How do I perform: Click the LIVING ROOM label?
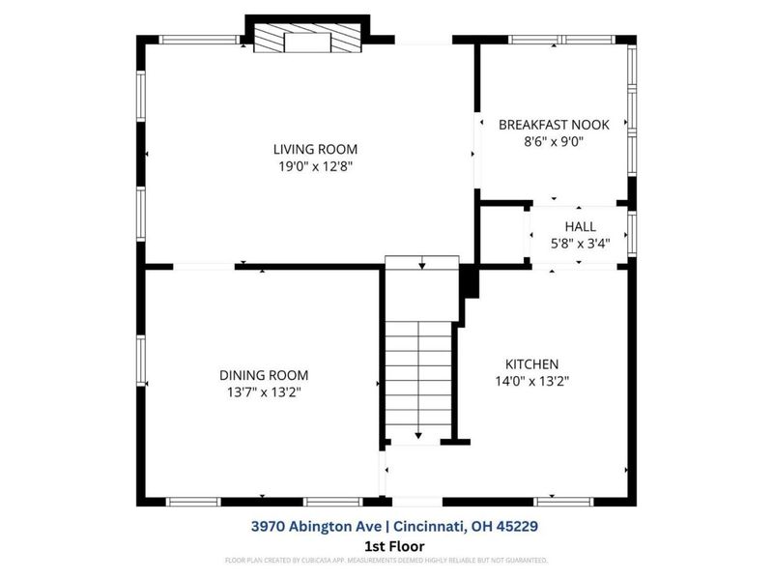click(x=315, y=149)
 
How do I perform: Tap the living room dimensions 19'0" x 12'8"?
click(x=315, y=165)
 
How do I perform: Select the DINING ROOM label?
click(x=263, y=375)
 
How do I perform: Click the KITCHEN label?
click(x=531, y=363)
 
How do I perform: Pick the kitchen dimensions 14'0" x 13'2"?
click(x=531, y=381)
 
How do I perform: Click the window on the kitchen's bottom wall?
click(x=563, y=502)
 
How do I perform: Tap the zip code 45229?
click(x=515, y=527)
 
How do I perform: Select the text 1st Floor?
click(x=386, y=545)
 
